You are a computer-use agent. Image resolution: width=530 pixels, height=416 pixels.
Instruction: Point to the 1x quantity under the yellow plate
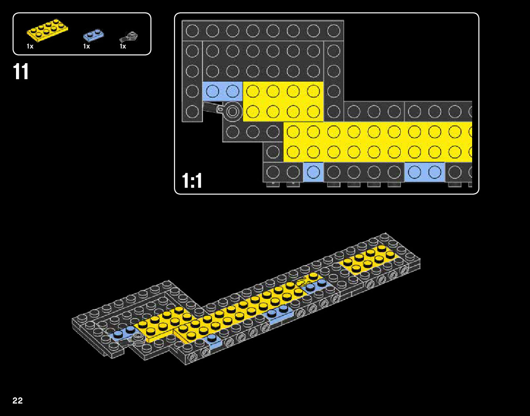(x=30, y=46)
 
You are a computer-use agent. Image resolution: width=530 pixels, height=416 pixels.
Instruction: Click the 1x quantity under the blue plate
(x=86, y=46)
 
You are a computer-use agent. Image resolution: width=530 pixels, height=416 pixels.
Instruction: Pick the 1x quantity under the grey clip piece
(x=123, y=46)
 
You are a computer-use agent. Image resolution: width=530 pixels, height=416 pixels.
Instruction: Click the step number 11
(x=21, y=72)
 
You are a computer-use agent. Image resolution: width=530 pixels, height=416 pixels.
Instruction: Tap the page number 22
(x=18, y=400)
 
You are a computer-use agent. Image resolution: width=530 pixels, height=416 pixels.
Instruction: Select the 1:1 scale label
(x=192, y=181)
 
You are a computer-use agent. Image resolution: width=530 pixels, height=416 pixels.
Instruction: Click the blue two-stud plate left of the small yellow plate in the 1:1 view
(x=223, y=91)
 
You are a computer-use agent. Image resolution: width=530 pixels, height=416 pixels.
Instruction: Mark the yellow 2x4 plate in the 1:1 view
(x=283, y=101)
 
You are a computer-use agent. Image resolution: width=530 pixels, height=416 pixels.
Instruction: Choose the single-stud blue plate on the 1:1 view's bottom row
(x=313, y=172)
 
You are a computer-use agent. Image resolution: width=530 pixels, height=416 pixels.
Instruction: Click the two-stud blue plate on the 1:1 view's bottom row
(x=425, y=172)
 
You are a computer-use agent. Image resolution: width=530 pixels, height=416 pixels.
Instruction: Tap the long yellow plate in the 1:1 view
(x=378, y=142)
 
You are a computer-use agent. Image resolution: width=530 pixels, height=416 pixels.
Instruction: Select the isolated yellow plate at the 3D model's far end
(x=368, y=259)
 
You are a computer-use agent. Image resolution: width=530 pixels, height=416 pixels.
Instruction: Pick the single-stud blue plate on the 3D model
(x=213, y=341)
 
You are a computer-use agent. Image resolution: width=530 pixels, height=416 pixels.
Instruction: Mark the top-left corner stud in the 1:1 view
(x=192, y=30)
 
